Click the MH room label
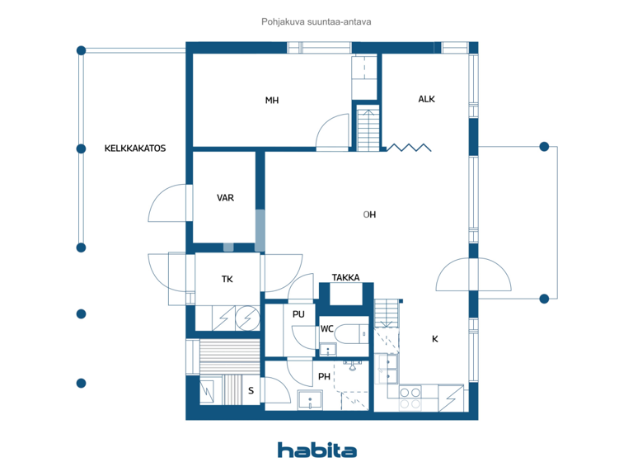[271, 101]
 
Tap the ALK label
[426, 99]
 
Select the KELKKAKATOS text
[135, 149]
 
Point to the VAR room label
[225, 198]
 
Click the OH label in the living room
[370, 214]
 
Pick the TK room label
[227, 280]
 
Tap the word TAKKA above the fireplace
[345, 278]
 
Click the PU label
[298, 314]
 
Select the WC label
[326, 329]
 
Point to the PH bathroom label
[324, 377]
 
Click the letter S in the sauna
[251, 391]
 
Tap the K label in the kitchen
[434, 339]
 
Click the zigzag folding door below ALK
[410, 148]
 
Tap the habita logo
[316, 450]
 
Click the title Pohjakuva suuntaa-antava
[316, 23]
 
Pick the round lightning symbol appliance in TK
[246, 318]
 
